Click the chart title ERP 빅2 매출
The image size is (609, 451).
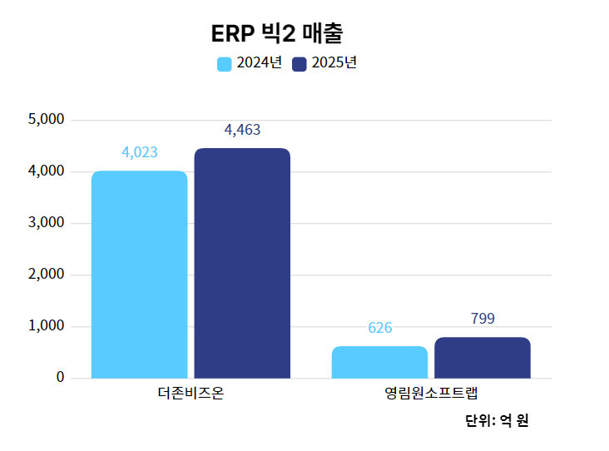click(277, 33)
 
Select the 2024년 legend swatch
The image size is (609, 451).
click(225, 64)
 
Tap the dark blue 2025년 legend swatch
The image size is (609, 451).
click(300, 64)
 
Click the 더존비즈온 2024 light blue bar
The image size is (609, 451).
click(140, 275)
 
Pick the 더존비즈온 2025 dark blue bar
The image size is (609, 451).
click(242, 263)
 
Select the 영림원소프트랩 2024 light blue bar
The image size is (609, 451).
click(379, 362)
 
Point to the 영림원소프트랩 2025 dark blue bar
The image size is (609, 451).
click(483, 358)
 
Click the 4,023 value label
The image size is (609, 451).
click(140, 152)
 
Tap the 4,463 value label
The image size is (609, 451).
click(242, 130)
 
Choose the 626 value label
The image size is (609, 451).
click(379, 328)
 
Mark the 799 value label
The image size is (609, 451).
click(483, 319)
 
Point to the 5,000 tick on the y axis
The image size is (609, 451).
click(47, 120)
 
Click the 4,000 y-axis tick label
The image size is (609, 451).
click(47, 171)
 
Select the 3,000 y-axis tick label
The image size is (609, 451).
click(47, 223)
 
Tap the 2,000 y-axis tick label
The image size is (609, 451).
click(47, 275)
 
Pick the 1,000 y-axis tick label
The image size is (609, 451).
click(47, 326)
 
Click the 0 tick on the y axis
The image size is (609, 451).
click(60, 378)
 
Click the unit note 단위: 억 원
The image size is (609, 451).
click(497, 420)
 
